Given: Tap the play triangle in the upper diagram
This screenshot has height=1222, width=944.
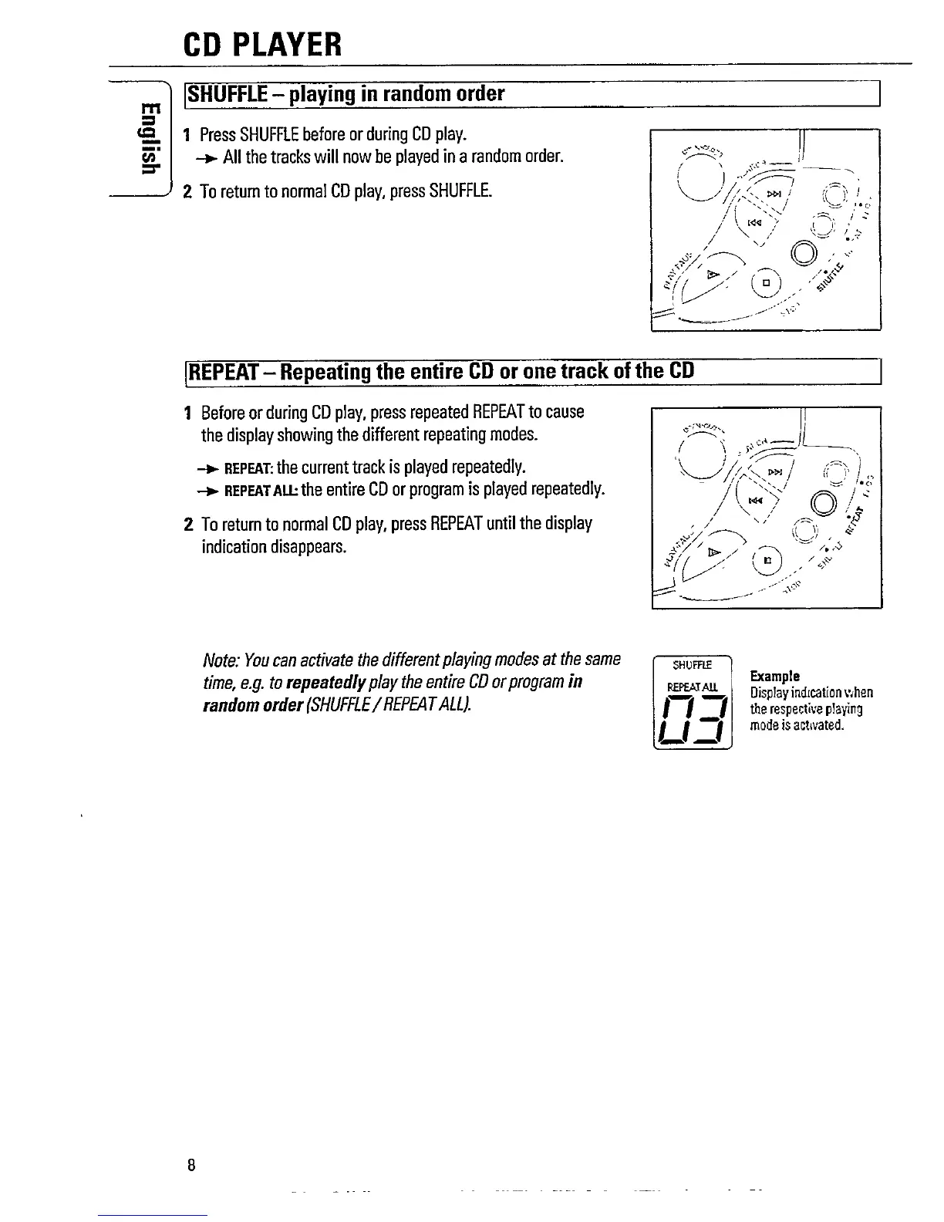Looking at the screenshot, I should click(x=714, y=273).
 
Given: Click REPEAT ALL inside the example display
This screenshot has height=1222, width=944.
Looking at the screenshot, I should click(x=691, y=685).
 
